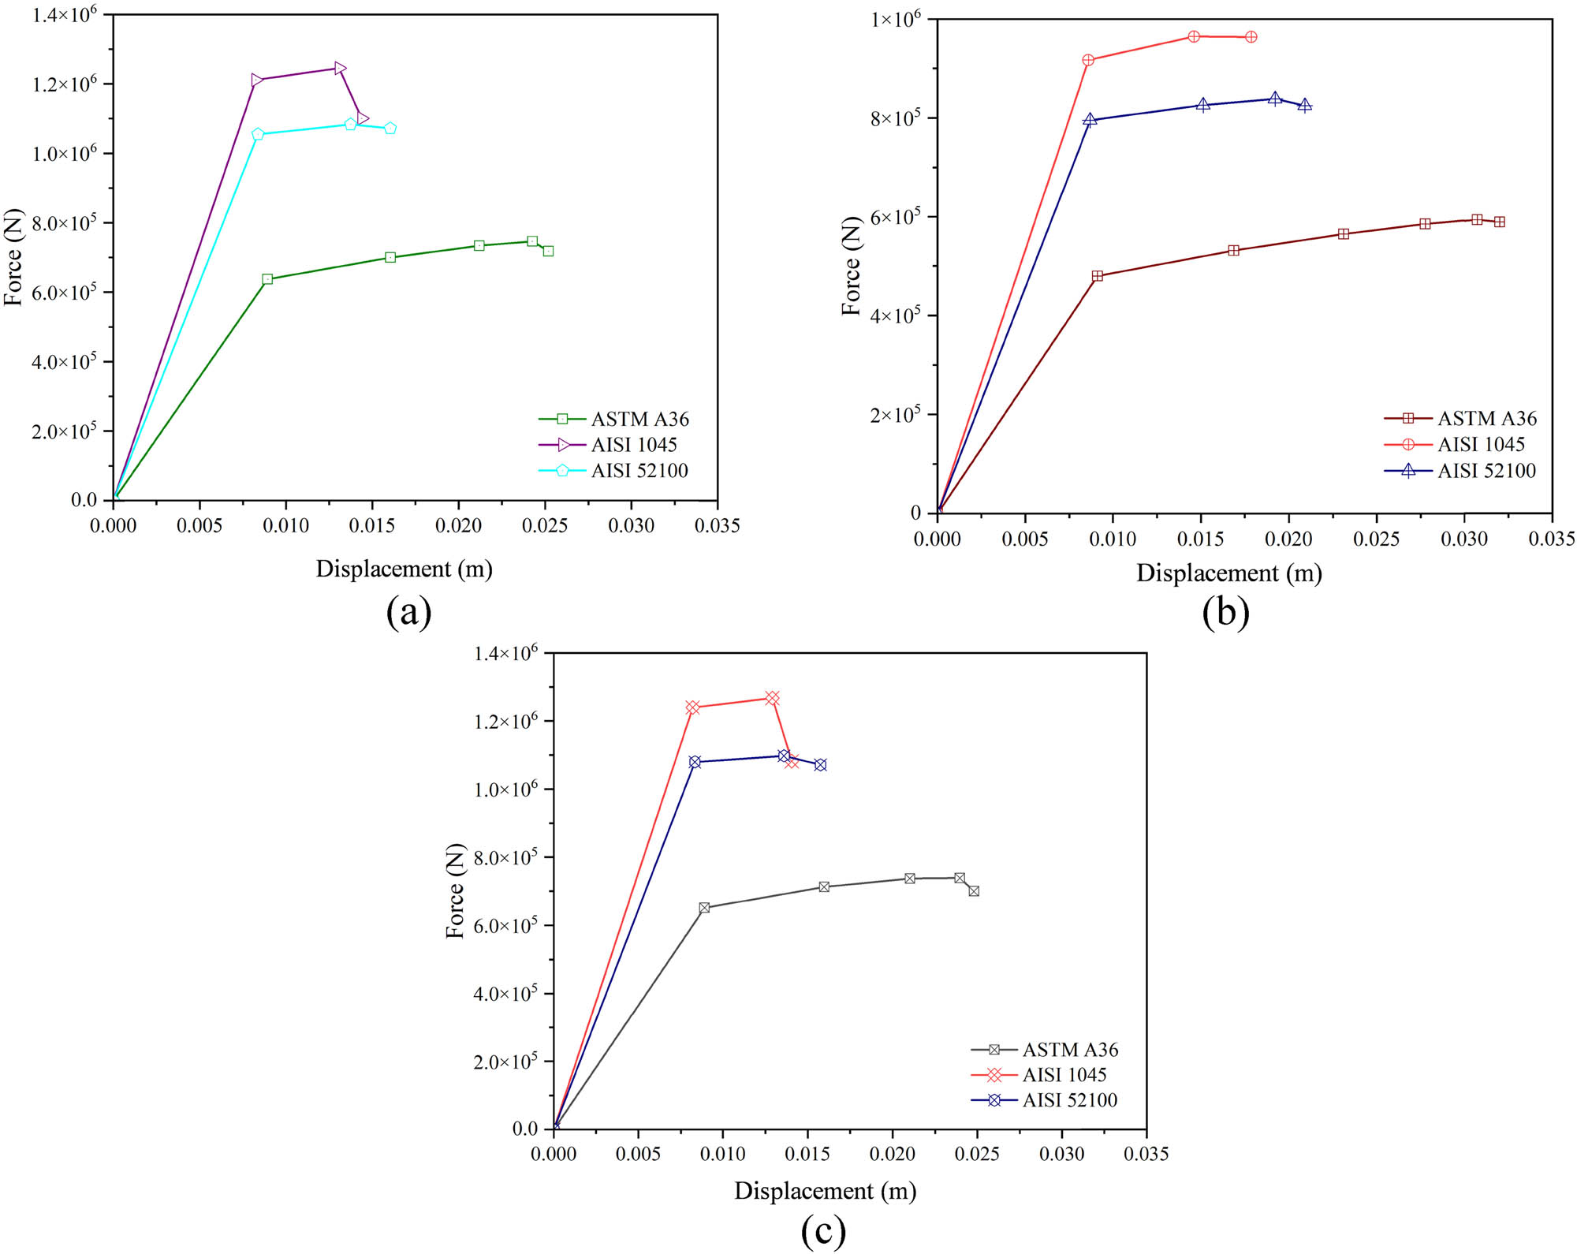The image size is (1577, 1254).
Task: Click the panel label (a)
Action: (x=408, y=612)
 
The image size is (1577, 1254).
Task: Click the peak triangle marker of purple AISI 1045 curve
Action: (x=340, y=69)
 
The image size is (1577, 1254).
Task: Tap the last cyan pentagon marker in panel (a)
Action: (x=390, y=129)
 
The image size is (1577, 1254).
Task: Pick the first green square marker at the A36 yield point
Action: (x=267, y=279)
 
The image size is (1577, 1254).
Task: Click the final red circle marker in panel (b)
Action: (x=1251, y=37)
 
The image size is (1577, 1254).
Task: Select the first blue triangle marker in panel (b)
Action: (x=1090, y=120)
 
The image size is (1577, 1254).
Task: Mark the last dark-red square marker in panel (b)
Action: (x=1500, y=222)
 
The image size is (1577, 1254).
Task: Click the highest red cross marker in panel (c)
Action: (x=772, y=698)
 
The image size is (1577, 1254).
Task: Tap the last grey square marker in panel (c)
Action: (x=974, y=891)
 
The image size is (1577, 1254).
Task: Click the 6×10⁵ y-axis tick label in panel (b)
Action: (x=895, y=216)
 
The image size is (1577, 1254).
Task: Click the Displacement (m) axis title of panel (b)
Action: (x=1228, y=573)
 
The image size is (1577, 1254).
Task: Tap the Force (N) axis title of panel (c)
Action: (x=455, y=891)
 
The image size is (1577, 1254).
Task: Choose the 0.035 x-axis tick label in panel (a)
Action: (x=717, y=526)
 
